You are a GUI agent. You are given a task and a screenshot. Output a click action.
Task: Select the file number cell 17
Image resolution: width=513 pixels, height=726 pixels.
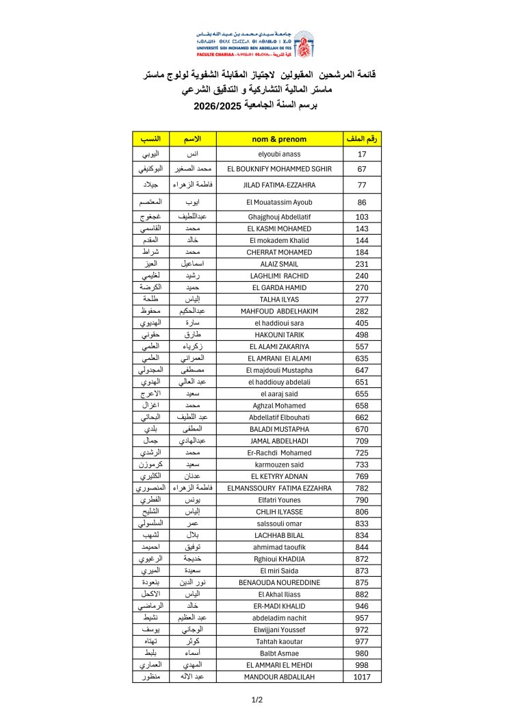[x=362, y=154]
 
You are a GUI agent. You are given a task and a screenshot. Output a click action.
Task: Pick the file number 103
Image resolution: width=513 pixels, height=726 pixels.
[x=362, y=216]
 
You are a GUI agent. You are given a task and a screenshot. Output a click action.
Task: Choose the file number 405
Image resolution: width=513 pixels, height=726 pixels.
[x=362, y=322]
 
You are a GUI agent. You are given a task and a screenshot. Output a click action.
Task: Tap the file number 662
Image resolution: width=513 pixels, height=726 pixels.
[x=362, y=417]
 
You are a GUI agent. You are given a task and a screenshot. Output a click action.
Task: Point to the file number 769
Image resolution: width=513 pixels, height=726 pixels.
[x=362, y=476]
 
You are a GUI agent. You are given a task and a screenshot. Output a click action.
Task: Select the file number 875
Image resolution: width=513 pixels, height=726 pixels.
[x=362, y=582]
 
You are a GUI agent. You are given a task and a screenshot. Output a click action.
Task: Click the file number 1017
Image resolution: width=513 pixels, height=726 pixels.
[x=362, y=677]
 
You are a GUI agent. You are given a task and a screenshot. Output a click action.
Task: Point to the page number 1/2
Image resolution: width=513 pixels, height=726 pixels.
[x=256, y=699]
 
